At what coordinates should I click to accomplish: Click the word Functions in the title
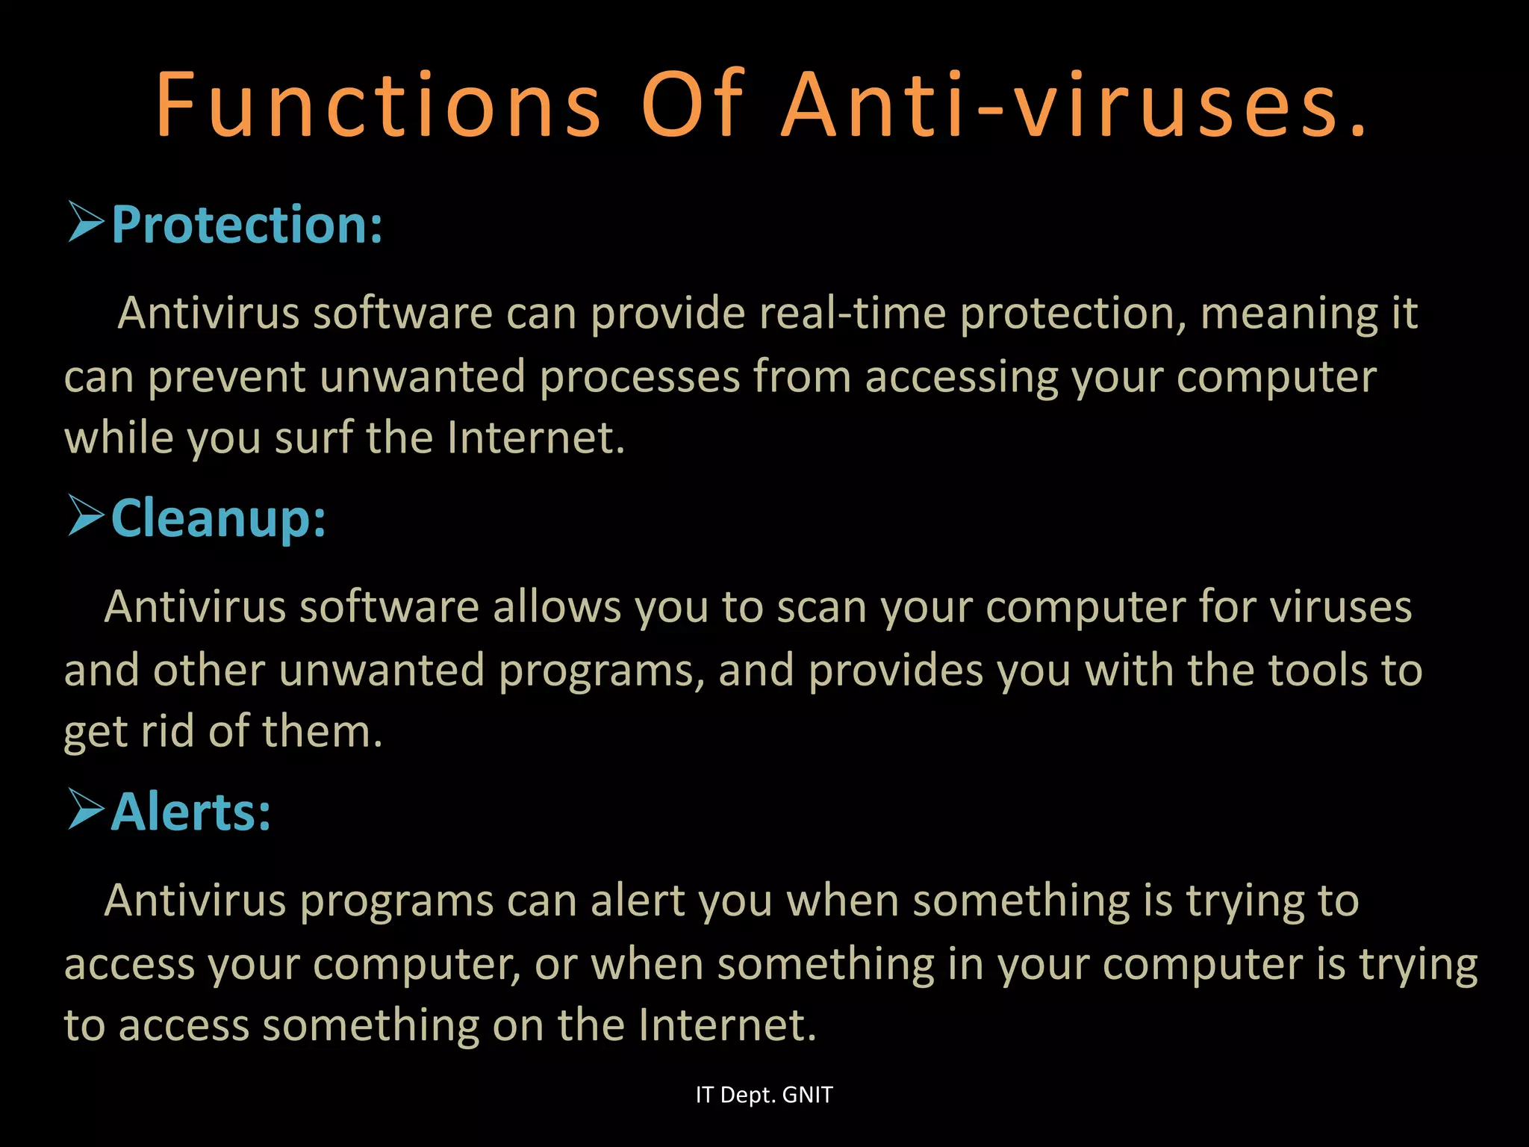click(x=378, y=105)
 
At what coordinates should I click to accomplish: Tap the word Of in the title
click(x=692, y=105)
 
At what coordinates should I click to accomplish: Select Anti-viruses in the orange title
click(x=1075, y=105)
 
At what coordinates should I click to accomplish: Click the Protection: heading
click(x=247, y=224)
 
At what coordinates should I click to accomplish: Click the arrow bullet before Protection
click(x=85, y=222)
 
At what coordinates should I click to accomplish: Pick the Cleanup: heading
click(x=219, y=517)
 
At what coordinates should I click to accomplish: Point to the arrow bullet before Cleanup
click(x=85, y=515)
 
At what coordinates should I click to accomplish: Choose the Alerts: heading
click(x=191, y=812)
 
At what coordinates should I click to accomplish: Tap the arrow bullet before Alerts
click(x=85, y=809)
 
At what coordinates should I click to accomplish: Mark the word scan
click(x=821, y=607)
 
